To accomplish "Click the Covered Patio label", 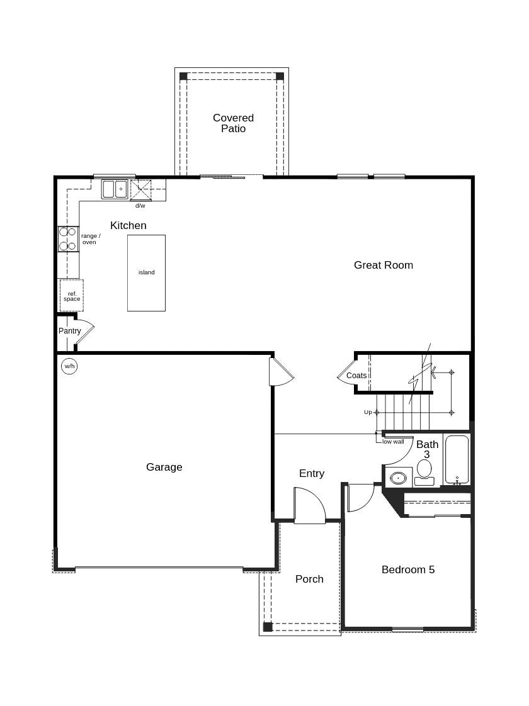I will tap(233, 123).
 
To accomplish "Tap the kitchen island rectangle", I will tap(146, 273).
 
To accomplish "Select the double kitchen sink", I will tap(115, 189).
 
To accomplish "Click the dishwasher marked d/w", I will tap(140, 190).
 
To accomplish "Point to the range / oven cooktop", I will tap(67, 238).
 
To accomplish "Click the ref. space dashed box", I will tap(72, 296).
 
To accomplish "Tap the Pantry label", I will tap(70, 331).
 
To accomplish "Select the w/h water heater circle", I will tap(69, 366).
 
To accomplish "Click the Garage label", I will tap(164, 467).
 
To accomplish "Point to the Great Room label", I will tap(383, 265).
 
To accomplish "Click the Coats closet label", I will tap(356, 376).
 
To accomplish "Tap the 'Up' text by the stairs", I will tap(368, 412).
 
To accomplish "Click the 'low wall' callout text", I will tap(393, 442).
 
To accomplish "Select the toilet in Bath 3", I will tap(424, 471).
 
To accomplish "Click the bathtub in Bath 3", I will tap(457, 459).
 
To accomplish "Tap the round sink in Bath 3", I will tap(398, 478).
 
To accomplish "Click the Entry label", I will tap(312, 473).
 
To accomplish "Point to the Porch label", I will tap(309, 579).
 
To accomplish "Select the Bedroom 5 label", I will tap(407, 569).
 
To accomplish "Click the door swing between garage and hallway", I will tap(280, 373).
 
